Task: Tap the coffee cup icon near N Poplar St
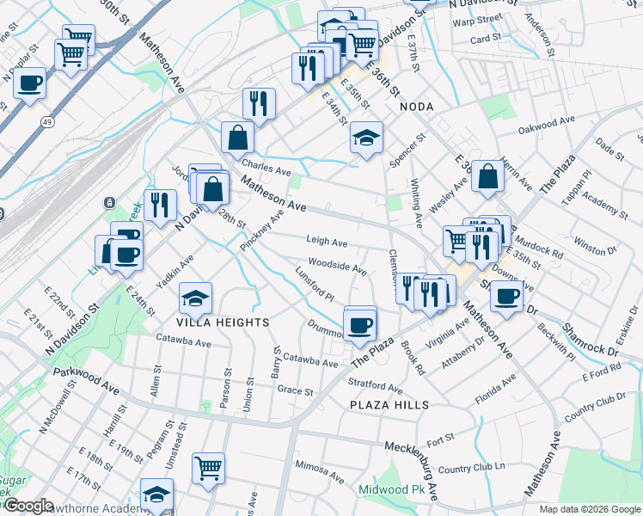29,84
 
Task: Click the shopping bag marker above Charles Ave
237,136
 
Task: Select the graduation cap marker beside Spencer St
366,137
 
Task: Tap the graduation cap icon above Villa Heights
195,298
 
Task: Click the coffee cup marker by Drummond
359,324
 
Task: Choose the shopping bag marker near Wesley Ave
487,175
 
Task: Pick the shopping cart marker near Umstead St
208,467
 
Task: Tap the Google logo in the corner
28,506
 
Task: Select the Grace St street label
295,390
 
